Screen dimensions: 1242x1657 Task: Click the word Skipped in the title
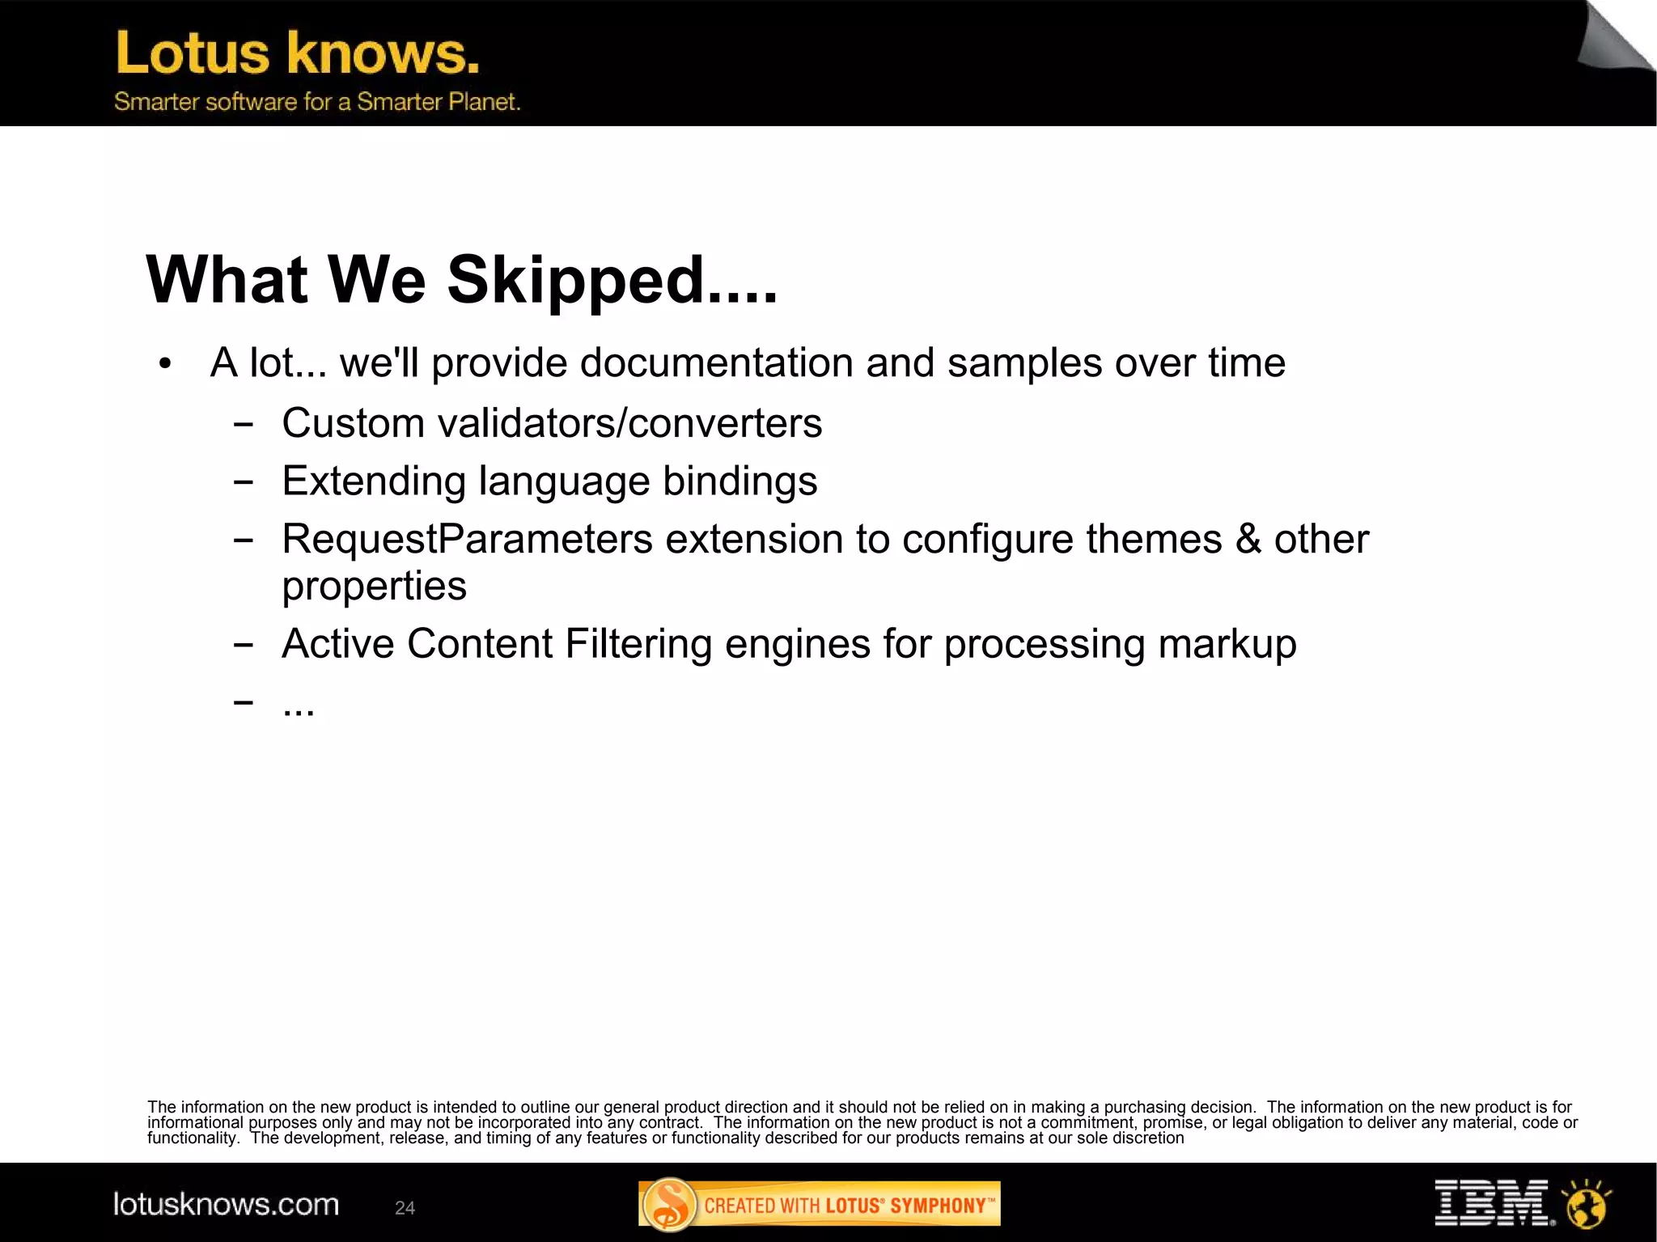(576, 281)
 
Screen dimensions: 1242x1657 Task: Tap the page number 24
(405, 1208)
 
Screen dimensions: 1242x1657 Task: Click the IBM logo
(1493, 1202)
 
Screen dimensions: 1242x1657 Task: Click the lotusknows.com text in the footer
(226, 1205)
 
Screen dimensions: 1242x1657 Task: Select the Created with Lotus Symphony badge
(819, 1205)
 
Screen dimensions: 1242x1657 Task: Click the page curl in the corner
(1614, 39)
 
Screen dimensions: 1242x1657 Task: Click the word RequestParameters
(467, 540)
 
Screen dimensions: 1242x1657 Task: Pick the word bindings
(740, 481)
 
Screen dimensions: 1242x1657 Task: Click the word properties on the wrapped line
(374, 587)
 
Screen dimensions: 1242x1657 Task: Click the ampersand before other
(1248, 540)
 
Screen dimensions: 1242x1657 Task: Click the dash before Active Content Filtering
(243, 645)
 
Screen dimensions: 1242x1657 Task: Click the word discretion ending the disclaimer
(1148, 1138)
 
